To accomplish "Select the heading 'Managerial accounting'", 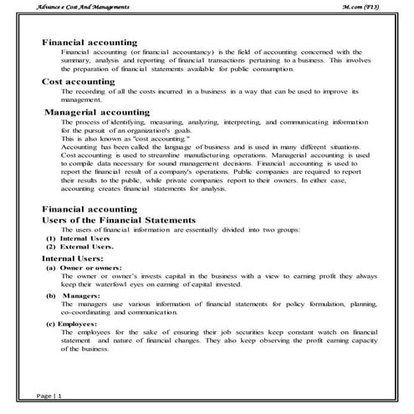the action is pos(97,111).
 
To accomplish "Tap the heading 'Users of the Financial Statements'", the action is pos(118,219).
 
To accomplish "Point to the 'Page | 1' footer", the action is pos(49,393).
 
